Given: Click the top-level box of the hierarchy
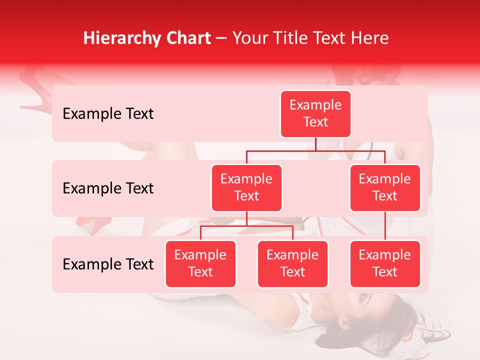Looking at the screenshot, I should click(315, 114).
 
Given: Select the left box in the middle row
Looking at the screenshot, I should click(246, 188).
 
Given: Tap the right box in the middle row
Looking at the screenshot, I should click(384, 188).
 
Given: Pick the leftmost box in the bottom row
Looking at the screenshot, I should click(200, 264).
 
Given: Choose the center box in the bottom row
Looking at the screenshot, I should click(292, 264).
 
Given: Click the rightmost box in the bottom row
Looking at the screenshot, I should click(384, 264).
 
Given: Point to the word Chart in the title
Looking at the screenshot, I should click(188, 38).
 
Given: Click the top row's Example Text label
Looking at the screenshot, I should click(108, 114).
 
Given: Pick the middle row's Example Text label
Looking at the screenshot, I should click(108, 188).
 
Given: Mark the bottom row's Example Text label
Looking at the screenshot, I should click(108, 264).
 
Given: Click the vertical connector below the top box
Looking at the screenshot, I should click(315, 144).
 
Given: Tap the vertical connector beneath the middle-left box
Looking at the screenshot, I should click(246, 218).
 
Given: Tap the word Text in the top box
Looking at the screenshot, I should click(315, 122).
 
